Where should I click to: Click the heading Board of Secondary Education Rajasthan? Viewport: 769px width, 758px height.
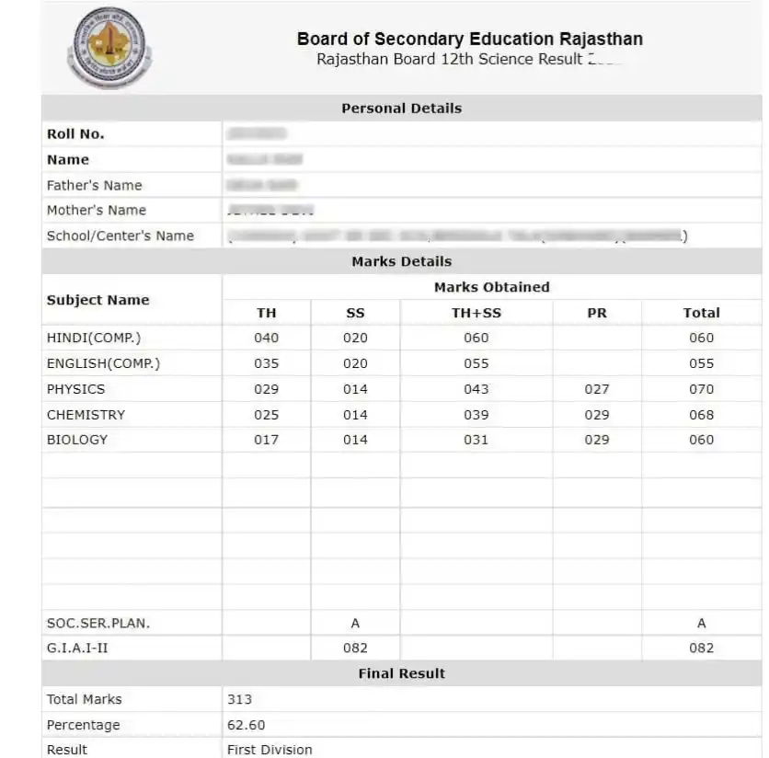[469, 39]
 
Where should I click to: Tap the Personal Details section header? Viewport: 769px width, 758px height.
[401, 109]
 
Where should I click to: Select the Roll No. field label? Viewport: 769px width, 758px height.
[75, 134]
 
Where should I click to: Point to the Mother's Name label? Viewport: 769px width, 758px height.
[96, 211]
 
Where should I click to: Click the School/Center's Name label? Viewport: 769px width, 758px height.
[120, 236]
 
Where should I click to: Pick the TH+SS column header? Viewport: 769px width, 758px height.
[476, 313]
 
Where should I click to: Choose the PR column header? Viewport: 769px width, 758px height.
[596, 313]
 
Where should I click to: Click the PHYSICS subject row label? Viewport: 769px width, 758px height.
[75, 389]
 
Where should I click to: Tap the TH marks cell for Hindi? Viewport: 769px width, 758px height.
[266, 338]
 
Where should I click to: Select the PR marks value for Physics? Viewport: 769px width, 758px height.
[596, 389]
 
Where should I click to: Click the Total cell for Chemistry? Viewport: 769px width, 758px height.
[701, 415]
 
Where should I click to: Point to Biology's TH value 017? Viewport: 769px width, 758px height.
[266, 440]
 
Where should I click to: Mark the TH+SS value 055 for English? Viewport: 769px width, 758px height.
[476, 363]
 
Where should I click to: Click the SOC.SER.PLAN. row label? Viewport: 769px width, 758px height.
[98, 623]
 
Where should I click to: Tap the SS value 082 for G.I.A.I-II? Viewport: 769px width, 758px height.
[355, 648]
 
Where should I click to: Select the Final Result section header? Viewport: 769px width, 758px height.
[401, 673]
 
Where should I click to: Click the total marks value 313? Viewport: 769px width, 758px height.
[239, 699]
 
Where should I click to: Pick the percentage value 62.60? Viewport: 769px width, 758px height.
[246, 725]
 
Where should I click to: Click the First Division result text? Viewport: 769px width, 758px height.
[270, 750]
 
